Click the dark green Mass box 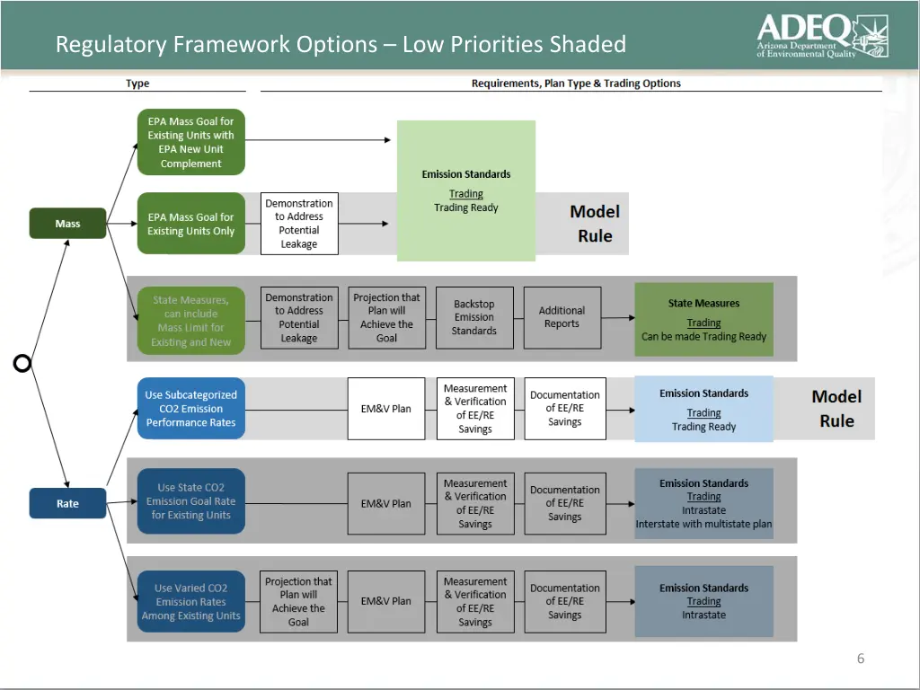coord(67,224)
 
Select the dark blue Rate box coord(67,504)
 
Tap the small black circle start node coord(22,363)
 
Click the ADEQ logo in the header coord(821,36)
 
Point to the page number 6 coord(860,659)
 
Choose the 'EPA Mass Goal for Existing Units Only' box coord(190,224)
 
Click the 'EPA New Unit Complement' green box coord(190,142)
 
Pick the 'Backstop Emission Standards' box coord(474,318)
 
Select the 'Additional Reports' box coord(562,318)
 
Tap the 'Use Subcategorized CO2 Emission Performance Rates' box coord(190,409)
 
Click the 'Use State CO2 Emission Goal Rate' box coord(190,501)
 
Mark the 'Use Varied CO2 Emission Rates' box coord(190,602)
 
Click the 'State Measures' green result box coord(703,319)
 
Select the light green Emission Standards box coord(466,190)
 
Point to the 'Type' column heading coord(137,84)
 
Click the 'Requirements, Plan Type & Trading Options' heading coord(576,84)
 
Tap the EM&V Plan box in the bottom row coord(386,602)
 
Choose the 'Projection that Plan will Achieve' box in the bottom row coord(299,602)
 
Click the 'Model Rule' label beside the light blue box coord(836,409)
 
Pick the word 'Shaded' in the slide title coord(588,44)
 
